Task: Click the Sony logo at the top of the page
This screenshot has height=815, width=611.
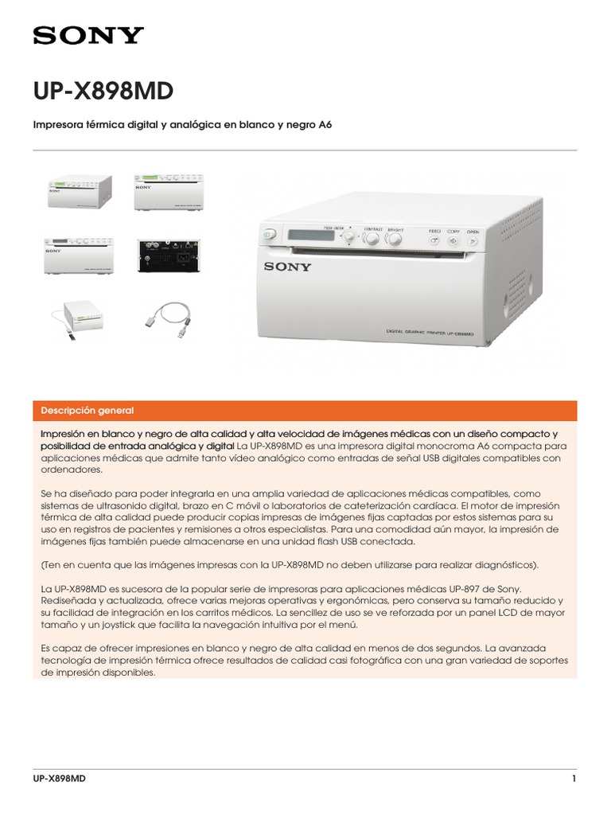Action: pyautogui.click(x=88, y=35)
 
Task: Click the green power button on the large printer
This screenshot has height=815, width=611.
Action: pyautogui.click(x=269, y=234)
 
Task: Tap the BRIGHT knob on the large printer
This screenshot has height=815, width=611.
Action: pyautogui.click(x=395, y=239)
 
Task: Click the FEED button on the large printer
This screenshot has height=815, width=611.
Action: pyautogui.click(x=435, y=240)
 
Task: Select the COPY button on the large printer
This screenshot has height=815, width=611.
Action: pyautogui.click(x=453, y=240)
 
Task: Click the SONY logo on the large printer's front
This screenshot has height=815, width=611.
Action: pyautogui.click(x=288, y=267)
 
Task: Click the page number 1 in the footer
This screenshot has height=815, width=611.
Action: pyautogui.click(x=574, y=778)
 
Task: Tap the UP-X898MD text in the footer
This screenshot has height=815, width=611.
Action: pyautogui.click(x=59, y=778)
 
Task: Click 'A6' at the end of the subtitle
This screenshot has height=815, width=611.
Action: pyautogui.click(x=325, y=125)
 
